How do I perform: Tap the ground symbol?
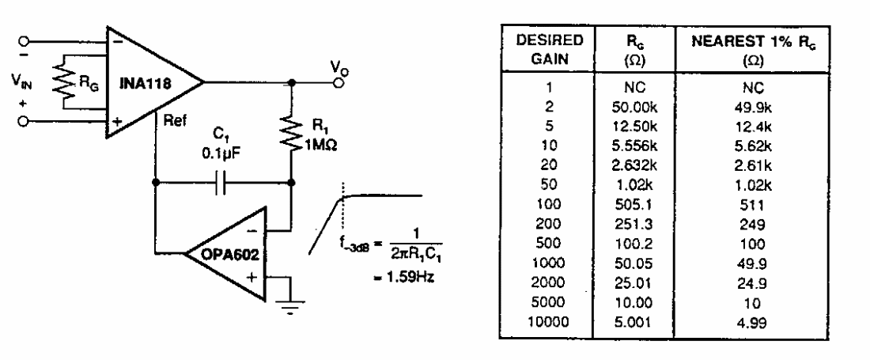coord(295,310)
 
